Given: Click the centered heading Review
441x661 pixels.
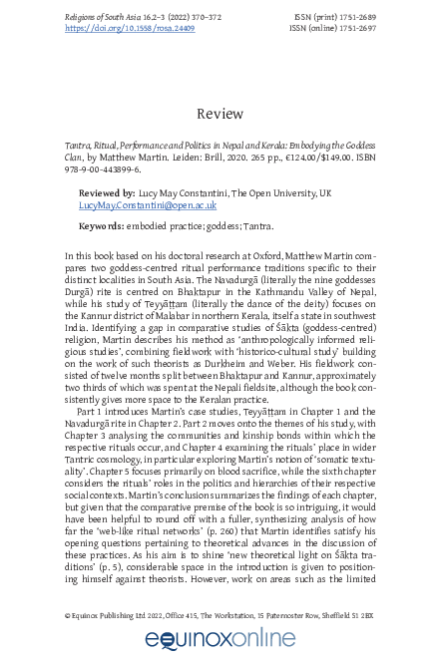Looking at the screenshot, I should coord(220,114).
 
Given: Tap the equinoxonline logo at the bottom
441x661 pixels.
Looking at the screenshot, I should coord(220,639).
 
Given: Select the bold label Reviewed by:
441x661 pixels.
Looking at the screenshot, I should coord(109,191).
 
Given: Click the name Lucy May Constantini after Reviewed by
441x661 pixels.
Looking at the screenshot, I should coord(190,191).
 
